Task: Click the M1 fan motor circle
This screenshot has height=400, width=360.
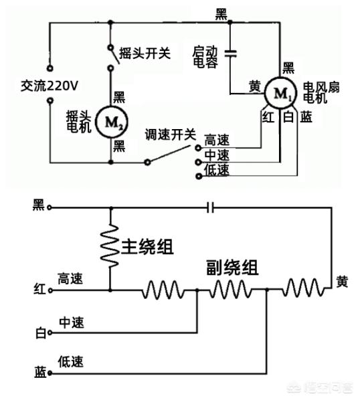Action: tap(280, 93)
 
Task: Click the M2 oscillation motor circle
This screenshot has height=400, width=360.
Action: tap(112, 122)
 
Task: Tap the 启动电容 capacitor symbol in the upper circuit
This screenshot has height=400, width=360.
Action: tap(230, 54)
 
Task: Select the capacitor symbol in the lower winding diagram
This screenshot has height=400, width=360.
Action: tap(211, 207)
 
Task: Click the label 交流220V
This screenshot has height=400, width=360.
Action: tap(50, 86)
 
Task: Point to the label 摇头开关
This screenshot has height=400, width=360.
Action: tap(145, 54)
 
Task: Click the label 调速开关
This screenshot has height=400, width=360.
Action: tap(170, 134)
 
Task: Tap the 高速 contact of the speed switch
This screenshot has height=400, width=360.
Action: tap(198, 148)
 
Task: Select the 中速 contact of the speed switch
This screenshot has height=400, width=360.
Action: tap(198, 162)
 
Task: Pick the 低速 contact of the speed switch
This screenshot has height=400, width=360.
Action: tap(198, 176)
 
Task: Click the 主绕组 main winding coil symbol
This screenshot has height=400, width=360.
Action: tap(110, 246)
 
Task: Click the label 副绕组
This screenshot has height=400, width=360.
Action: tap(232, 268)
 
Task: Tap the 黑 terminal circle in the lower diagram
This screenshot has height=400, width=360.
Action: tap(50, 207)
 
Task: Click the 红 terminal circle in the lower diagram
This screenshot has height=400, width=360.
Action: tap(50, 290)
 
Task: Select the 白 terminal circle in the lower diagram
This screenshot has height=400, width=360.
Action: tap(50, 332)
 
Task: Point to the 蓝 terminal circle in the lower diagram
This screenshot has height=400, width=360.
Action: tap(50, 373)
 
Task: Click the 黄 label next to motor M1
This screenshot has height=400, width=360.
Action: tap(255, 86)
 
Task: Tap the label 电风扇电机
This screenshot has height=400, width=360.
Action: tap(321, 92)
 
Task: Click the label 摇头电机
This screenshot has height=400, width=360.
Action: tap(78, 122)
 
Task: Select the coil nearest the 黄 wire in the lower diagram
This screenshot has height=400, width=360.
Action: tap(303, 288)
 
